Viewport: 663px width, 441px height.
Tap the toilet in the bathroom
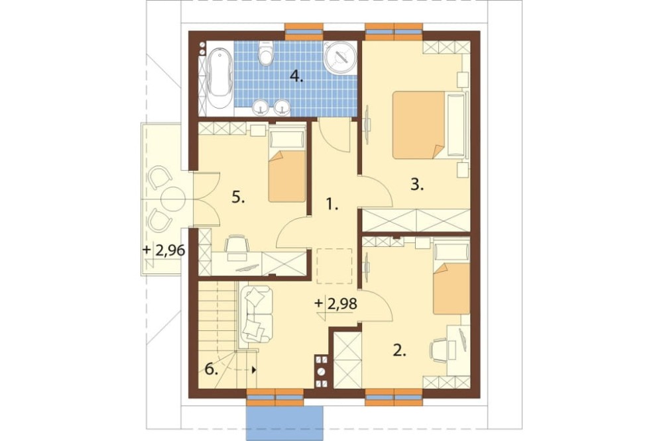(x=266, y=54)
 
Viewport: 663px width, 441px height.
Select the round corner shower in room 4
(x=341, y=57)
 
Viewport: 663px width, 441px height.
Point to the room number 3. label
(x=417, y=185)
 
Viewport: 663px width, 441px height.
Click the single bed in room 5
(x=287, y=166)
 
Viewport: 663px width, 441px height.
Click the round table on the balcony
(x=172, y=198)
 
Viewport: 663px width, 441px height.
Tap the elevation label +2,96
(x=164, y=250)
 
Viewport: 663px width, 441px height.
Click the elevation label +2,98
(x=336, y=304)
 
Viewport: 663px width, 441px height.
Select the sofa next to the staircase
(x=256, y=314)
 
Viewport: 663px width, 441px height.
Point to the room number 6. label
(x=211, y=369)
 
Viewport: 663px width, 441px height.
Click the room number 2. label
(x=400, y=350)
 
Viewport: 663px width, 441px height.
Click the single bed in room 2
(x=452, y=277)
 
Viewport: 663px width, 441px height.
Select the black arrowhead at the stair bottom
(x=254, y=369)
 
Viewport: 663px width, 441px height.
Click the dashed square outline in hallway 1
(x=334, y=266)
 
